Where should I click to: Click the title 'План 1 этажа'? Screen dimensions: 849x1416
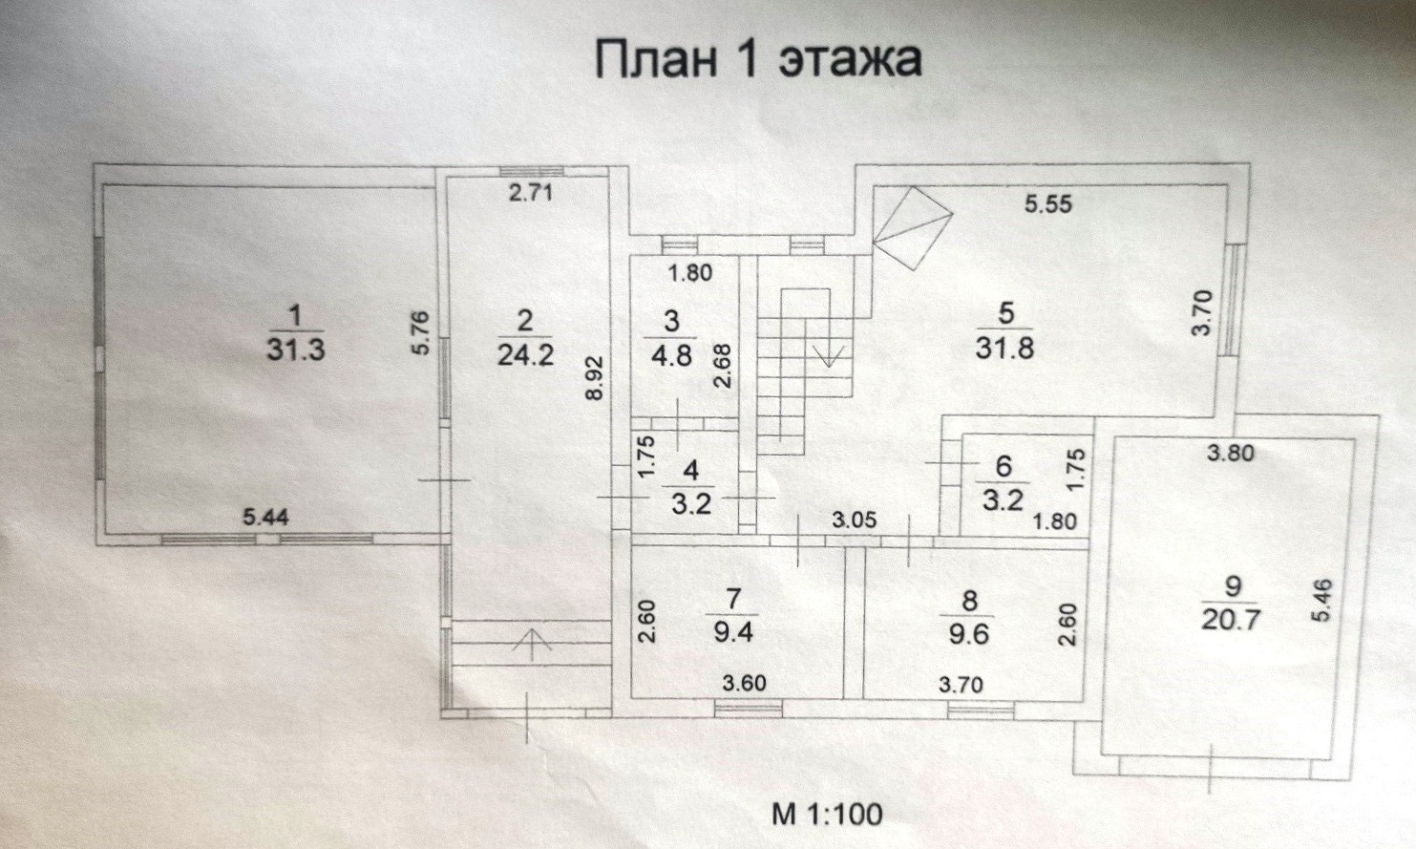(758, 59)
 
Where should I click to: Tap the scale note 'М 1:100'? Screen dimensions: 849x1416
(827, 814)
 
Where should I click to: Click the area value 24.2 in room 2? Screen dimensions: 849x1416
(525, 355)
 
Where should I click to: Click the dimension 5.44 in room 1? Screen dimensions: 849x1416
(266, 518)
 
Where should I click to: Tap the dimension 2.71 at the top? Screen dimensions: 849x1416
(531, 194)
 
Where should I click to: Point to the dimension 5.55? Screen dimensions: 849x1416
(1048, 203)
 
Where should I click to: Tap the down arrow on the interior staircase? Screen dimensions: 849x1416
(828, 355)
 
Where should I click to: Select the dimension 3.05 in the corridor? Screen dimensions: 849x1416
(854, 520)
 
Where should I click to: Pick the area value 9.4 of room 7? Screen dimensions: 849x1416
(733, 632)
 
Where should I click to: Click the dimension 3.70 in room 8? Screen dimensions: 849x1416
(961, 684)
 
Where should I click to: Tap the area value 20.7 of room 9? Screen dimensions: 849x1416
(1232, 619)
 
